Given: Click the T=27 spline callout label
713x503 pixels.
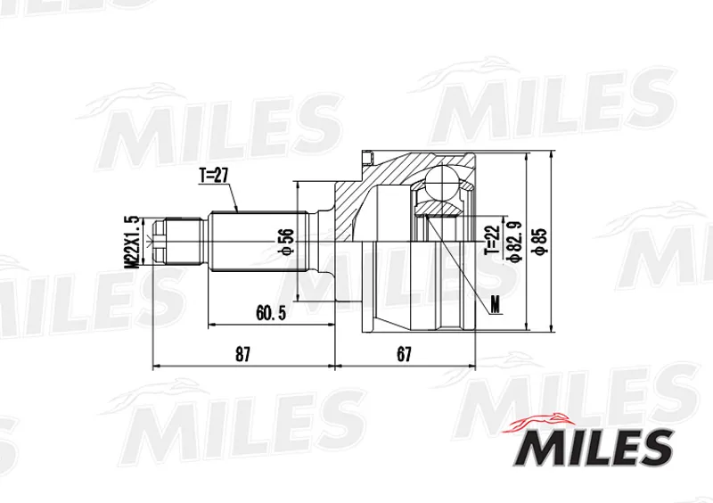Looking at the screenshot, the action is pyautogui.click(x=213, y=177).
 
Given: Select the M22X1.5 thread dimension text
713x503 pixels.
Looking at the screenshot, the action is pyautogui.click(x=133, y=243).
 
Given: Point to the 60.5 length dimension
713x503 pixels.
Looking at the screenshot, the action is pyautogui.click(x=271, y=313).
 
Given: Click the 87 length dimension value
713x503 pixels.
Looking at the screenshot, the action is pyautogui.click(x=242, y=354).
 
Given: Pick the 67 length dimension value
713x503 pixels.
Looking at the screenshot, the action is pyautogui.click(x=404, y=354).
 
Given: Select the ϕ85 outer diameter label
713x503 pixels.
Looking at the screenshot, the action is pyautogui.click(x=541, y=243).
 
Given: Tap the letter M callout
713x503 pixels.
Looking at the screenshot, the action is pyautogui.click(x=495, y=304).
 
